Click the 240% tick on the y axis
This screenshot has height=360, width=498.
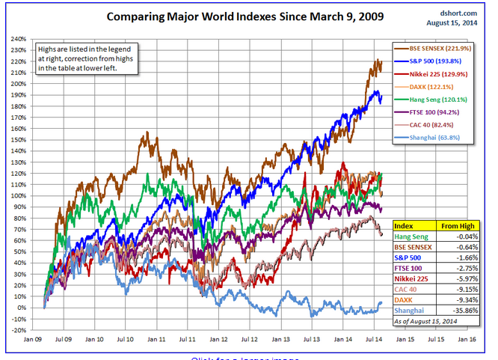click(x=18, y=38)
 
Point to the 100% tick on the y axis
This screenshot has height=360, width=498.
click(x=18, y=195)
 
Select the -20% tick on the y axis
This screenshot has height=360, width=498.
click(x=18, y=330)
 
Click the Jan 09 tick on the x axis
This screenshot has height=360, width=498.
click(x=32, y=339)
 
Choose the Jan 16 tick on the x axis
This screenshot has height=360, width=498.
click(x=467, y=339)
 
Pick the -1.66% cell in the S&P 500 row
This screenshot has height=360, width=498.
click(x=460, y=257)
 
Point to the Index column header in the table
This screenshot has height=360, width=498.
click(x=405, y=225)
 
